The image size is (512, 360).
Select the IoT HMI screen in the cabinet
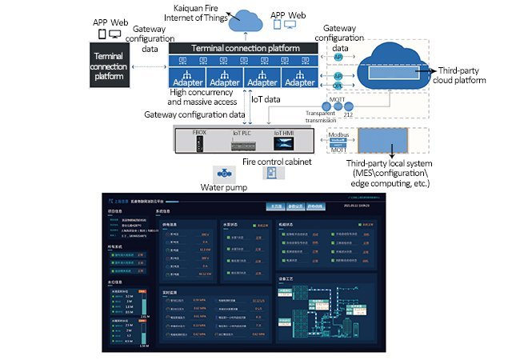(285, 144)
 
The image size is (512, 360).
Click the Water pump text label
(223, 190)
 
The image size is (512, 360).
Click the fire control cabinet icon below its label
(273, 174)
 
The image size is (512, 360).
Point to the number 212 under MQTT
(347, 114)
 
